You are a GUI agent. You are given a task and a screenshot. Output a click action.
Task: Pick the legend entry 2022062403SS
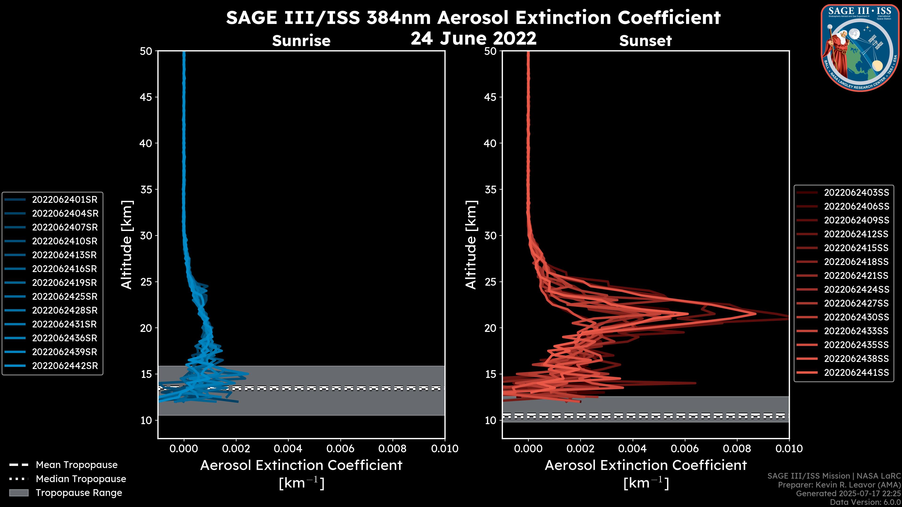coord(856,193)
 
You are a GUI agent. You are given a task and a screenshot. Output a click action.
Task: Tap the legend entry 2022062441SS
coord(856,373)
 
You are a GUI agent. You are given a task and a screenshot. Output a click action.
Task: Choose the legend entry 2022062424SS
coord(856,290)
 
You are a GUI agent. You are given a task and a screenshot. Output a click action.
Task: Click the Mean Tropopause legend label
coord(77,465)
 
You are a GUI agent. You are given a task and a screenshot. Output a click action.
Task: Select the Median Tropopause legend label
coord(81,479)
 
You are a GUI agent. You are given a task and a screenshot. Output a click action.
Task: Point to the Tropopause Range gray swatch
coord(19,493)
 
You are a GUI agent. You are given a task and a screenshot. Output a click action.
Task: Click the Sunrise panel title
coord(301,41)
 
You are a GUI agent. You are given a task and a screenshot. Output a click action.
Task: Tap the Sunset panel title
coord(645,41)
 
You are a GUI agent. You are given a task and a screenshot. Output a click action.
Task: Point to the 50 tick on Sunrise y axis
coord(146,51)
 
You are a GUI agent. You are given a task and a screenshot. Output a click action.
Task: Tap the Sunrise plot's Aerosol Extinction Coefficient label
coord(301,465)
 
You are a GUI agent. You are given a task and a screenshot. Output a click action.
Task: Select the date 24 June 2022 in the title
coord(473,38)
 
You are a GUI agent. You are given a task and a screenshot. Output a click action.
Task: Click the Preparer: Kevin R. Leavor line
coord(839,485)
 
